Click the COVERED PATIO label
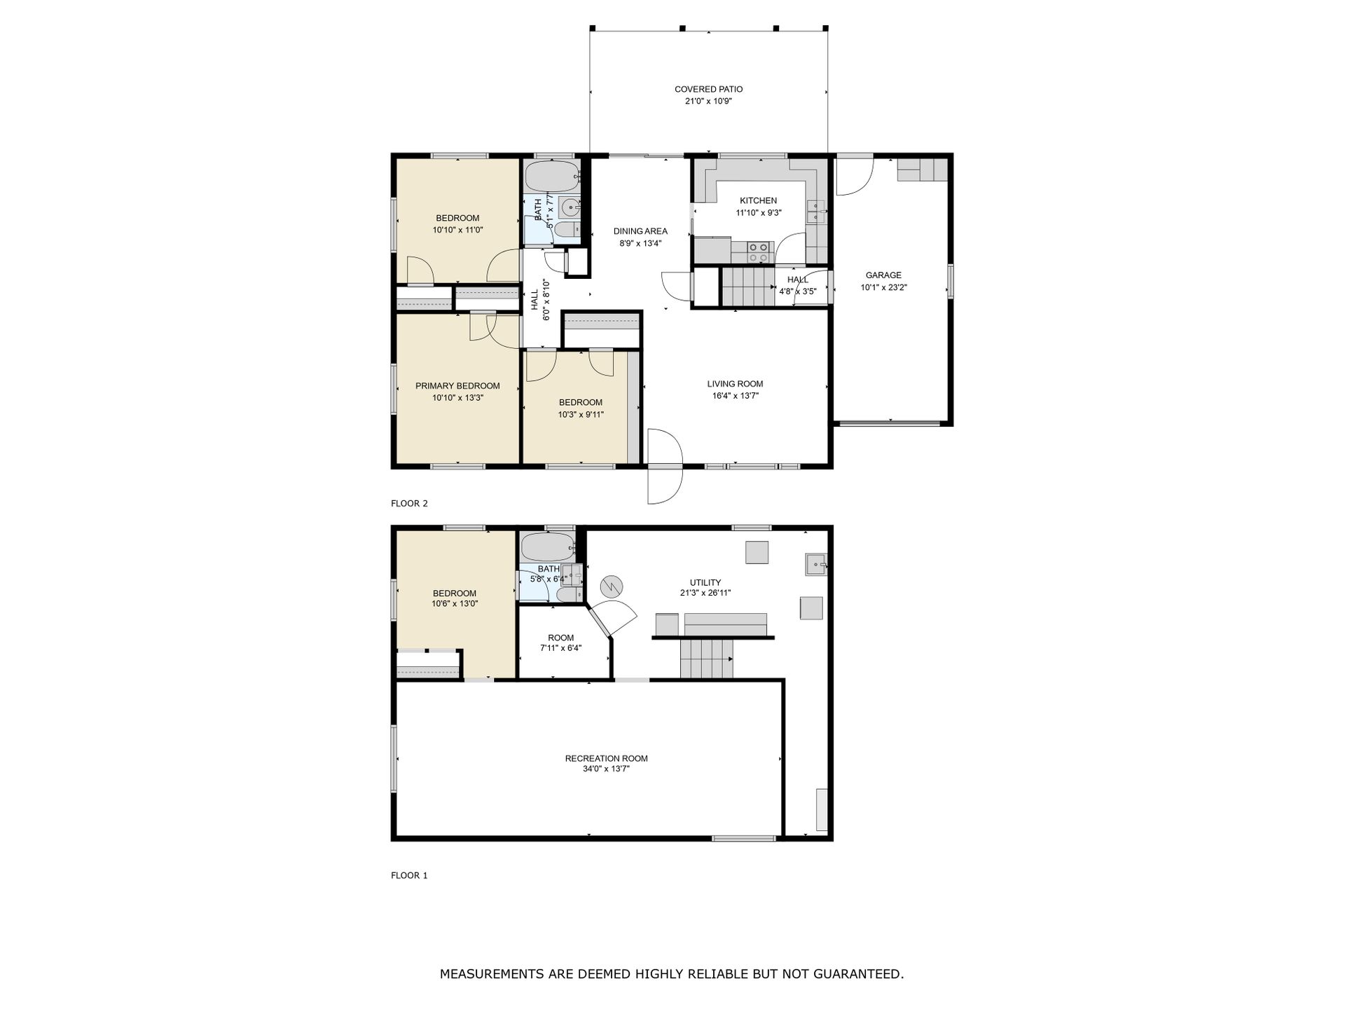[708, 89]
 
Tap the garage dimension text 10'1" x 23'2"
[883, 287]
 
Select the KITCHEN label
[758, 201]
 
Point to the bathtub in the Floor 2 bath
[552, 176]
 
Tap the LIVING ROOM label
[735, 384]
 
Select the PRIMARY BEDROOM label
[457, 386]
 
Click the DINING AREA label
[640, 231]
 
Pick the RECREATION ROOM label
[606, 758]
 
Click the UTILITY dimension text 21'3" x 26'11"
[705, 593]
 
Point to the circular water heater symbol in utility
[612, 585]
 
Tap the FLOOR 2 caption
[409, 503]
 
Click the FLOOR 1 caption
[409, 875]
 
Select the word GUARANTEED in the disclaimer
[855, 974]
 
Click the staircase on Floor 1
[707, 659]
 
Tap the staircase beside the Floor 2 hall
[747, 287]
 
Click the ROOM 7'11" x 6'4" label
[560, 643]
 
